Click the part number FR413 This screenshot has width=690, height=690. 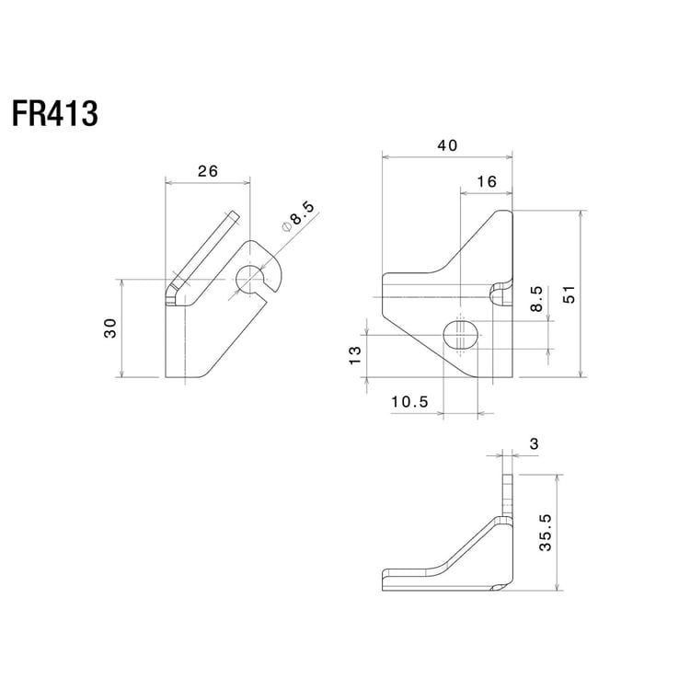(55, 114)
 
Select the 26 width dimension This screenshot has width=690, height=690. (207, 169)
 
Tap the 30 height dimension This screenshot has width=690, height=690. (110, 328)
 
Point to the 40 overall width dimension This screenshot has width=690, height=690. (447, 145)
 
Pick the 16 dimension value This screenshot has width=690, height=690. (487, 182)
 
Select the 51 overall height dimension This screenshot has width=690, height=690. (569, 293)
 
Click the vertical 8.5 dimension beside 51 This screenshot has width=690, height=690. (536, 302)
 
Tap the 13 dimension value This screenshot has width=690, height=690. (354, 356)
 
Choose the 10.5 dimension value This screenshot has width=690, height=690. (409, 402)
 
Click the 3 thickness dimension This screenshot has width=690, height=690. (535, 444)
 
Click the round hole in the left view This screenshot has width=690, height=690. (249, 279)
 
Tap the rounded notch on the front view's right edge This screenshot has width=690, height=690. (500, 294)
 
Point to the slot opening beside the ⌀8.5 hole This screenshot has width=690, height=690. (270, 293)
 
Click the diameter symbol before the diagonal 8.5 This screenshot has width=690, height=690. (285, 225)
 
